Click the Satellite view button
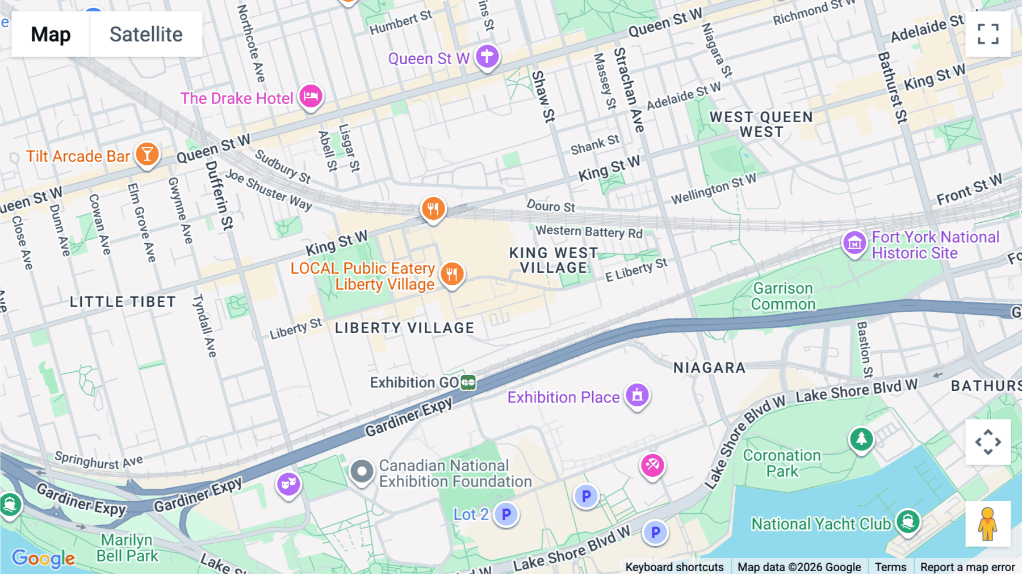146,34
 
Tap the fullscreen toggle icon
988,34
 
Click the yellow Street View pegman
988,524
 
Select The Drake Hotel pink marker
311,96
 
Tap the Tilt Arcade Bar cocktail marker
147,154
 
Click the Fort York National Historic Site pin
854,243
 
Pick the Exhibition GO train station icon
468,382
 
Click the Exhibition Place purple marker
637,394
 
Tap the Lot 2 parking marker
506,514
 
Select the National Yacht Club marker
907,521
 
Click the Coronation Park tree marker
861,439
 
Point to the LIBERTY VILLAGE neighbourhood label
404,328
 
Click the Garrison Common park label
783,296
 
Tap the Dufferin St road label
219,194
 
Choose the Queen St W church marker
487,56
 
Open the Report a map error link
967,567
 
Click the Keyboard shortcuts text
674,567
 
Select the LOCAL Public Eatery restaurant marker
452,274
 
